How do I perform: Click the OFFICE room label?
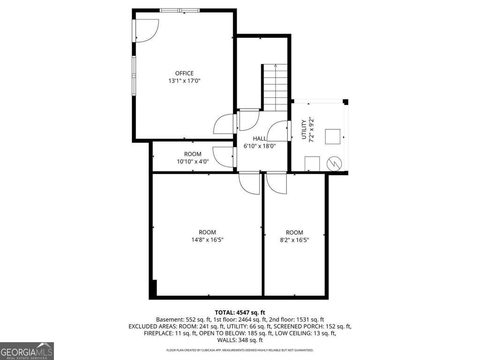pyautogui.click(x=184, y=73)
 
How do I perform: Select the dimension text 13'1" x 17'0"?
pyautogui.click(x=184, y=81)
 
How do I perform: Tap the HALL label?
pyautogui.click(x=260, y=139)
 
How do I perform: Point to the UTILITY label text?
pyautogui.click(x=303, y=129)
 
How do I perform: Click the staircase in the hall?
pyautogui.click(x=275, y=88)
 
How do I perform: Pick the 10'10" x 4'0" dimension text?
pyautogui.click(x=193, y=162)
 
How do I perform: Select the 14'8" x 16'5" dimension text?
pyautogui.click(x=207, y=240)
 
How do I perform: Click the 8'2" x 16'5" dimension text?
pyautogui.click(x=294, y=240)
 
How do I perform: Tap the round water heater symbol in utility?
pyautogui.click(x=335, y=163)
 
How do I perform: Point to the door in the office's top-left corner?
pyautogui.click(x=146, y=31)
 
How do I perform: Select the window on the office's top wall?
pyautogui.click(x=180, y=10)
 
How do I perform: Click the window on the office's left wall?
pyautogui.click(x=134, y=75)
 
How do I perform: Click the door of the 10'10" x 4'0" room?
pyautogui.click(x=224, y=157)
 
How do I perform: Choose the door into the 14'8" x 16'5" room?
pyautogui.click(x=249, y=183)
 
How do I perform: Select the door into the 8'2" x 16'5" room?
pyautogui.click(x=276, y=183)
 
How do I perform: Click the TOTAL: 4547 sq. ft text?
pyautogui.click(x=240, y=312)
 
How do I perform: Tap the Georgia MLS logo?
pyautogui.click(x=27, y=351)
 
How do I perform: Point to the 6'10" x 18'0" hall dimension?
pyautogui.click(x=260, y=146)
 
